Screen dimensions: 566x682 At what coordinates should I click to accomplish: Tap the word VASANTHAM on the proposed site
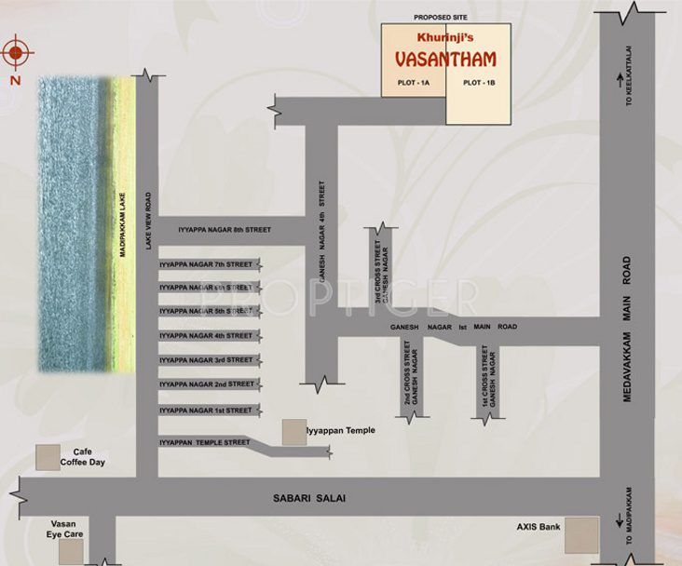(445, 60)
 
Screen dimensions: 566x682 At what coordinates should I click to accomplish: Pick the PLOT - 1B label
(478, 83)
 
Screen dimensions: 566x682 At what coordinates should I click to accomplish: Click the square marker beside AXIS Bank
(581, 535)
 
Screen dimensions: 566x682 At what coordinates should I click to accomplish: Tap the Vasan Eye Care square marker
(71, 551)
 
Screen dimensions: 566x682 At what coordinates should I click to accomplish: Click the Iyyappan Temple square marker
(293, 431)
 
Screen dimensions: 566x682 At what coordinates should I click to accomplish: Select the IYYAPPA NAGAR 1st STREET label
(206, 410)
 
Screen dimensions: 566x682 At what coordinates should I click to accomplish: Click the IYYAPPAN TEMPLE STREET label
(205, 442)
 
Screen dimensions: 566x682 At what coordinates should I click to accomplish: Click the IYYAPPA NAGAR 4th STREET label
(206, 335)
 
